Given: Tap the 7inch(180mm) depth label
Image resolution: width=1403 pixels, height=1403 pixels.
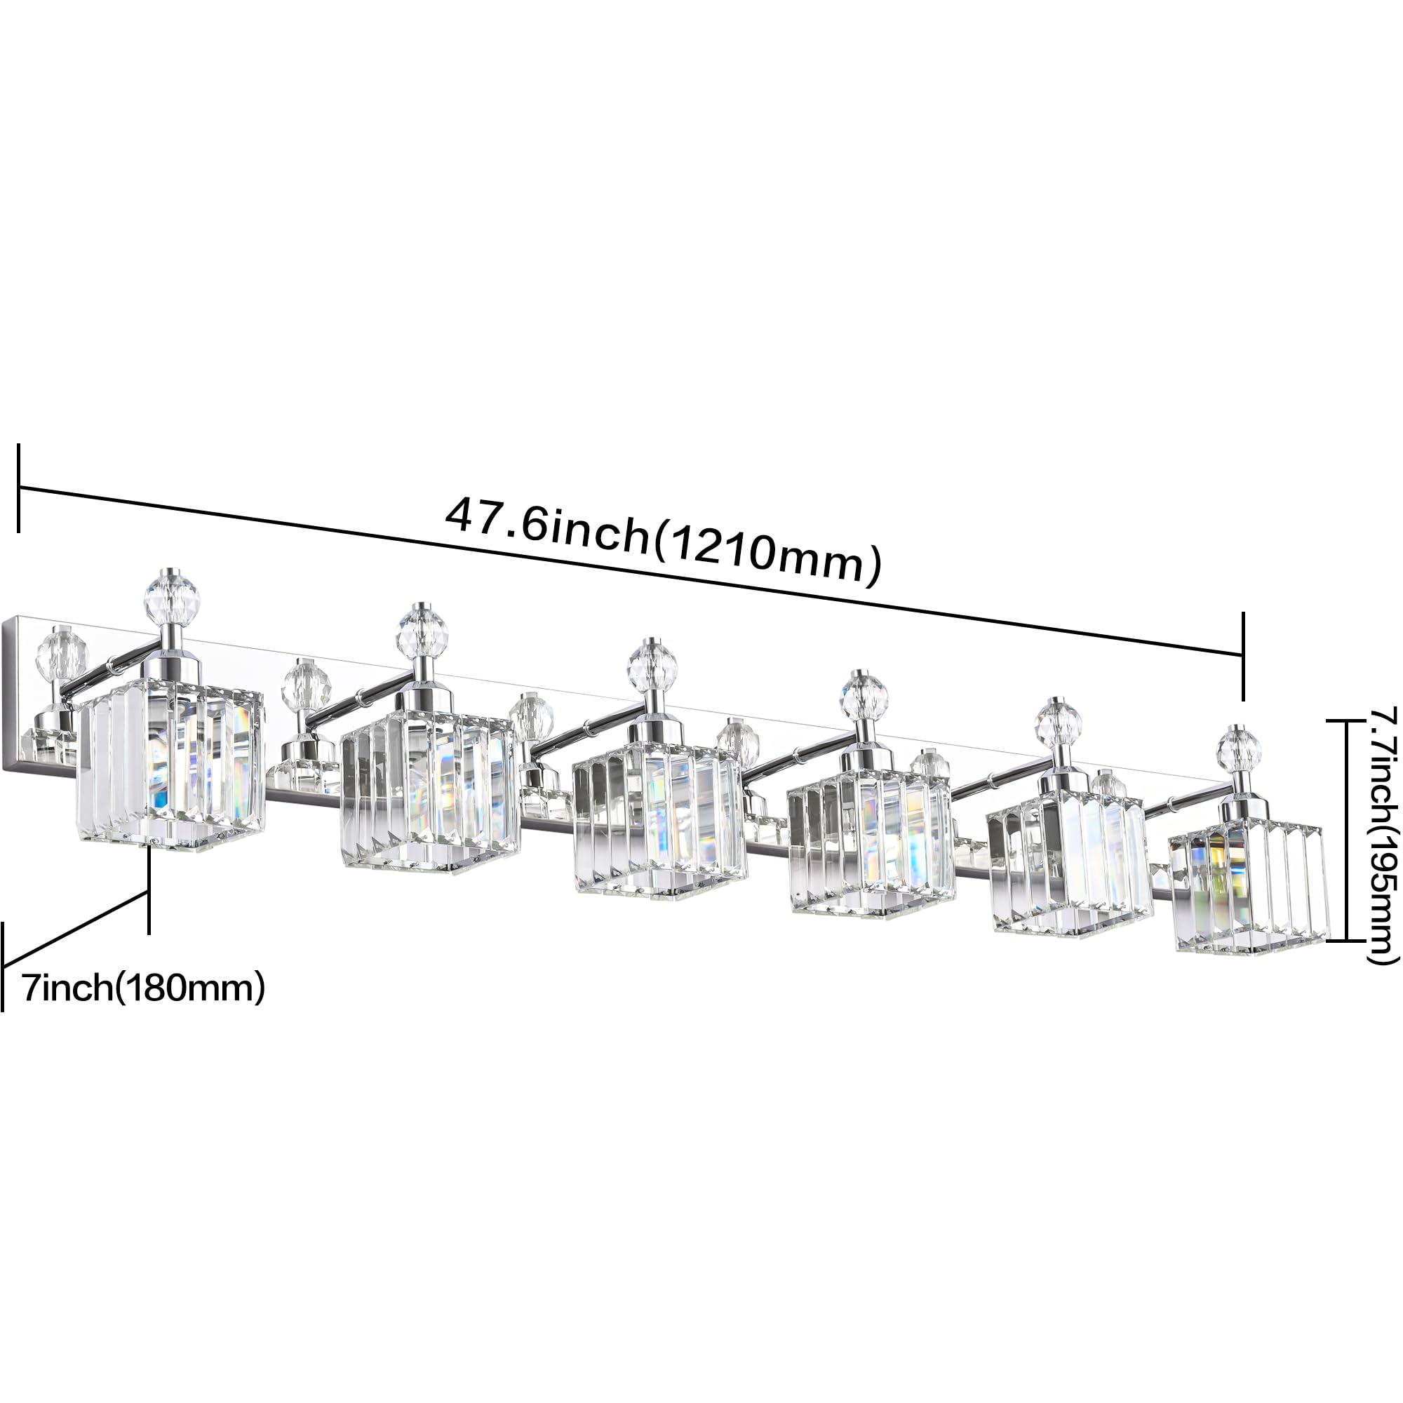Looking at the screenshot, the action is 144,988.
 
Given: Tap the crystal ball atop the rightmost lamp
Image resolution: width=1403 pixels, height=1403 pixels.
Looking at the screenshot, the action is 1240,746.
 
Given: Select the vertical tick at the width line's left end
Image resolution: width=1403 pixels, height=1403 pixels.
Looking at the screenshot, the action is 18,488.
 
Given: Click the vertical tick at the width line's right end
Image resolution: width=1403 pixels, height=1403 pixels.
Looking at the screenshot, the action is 1242,656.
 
